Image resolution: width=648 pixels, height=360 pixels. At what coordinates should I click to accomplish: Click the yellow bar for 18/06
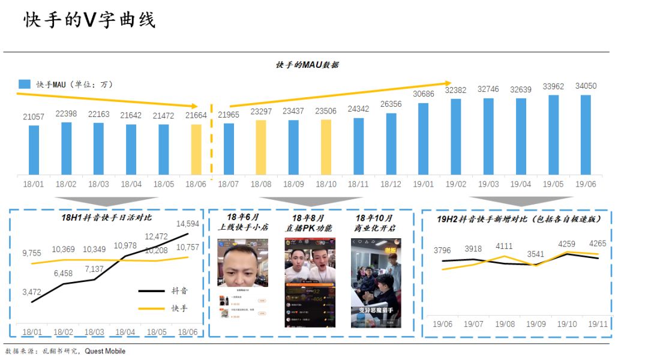197,149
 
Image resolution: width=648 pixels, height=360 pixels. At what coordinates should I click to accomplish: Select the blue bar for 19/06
586,135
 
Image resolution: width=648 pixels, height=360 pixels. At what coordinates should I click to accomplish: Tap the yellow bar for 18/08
261,148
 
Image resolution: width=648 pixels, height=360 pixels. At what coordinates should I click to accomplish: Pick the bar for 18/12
391,144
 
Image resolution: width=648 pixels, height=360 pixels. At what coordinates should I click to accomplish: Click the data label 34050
586,86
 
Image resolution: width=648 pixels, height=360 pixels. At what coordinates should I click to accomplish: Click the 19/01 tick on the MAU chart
423,184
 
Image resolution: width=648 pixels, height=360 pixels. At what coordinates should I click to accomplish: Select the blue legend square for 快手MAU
24,85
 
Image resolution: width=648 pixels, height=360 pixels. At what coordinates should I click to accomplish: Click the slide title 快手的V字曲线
90,20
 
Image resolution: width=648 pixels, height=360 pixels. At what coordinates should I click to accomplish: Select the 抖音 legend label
179,290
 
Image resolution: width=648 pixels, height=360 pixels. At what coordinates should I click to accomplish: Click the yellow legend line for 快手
151,308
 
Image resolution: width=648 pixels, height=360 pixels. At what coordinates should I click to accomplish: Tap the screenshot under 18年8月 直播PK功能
310,283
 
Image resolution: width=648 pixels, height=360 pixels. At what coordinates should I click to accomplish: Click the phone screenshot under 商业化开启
376,283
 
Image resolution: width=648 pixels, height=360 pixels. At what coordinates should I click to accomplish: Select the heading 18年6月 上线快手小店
244,222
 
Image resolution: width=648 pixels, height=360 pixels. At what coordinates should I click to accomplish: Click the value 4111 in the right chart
504,246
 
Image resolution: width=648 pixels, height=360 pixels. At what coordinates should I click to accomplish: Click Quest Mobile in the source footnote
105,351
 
